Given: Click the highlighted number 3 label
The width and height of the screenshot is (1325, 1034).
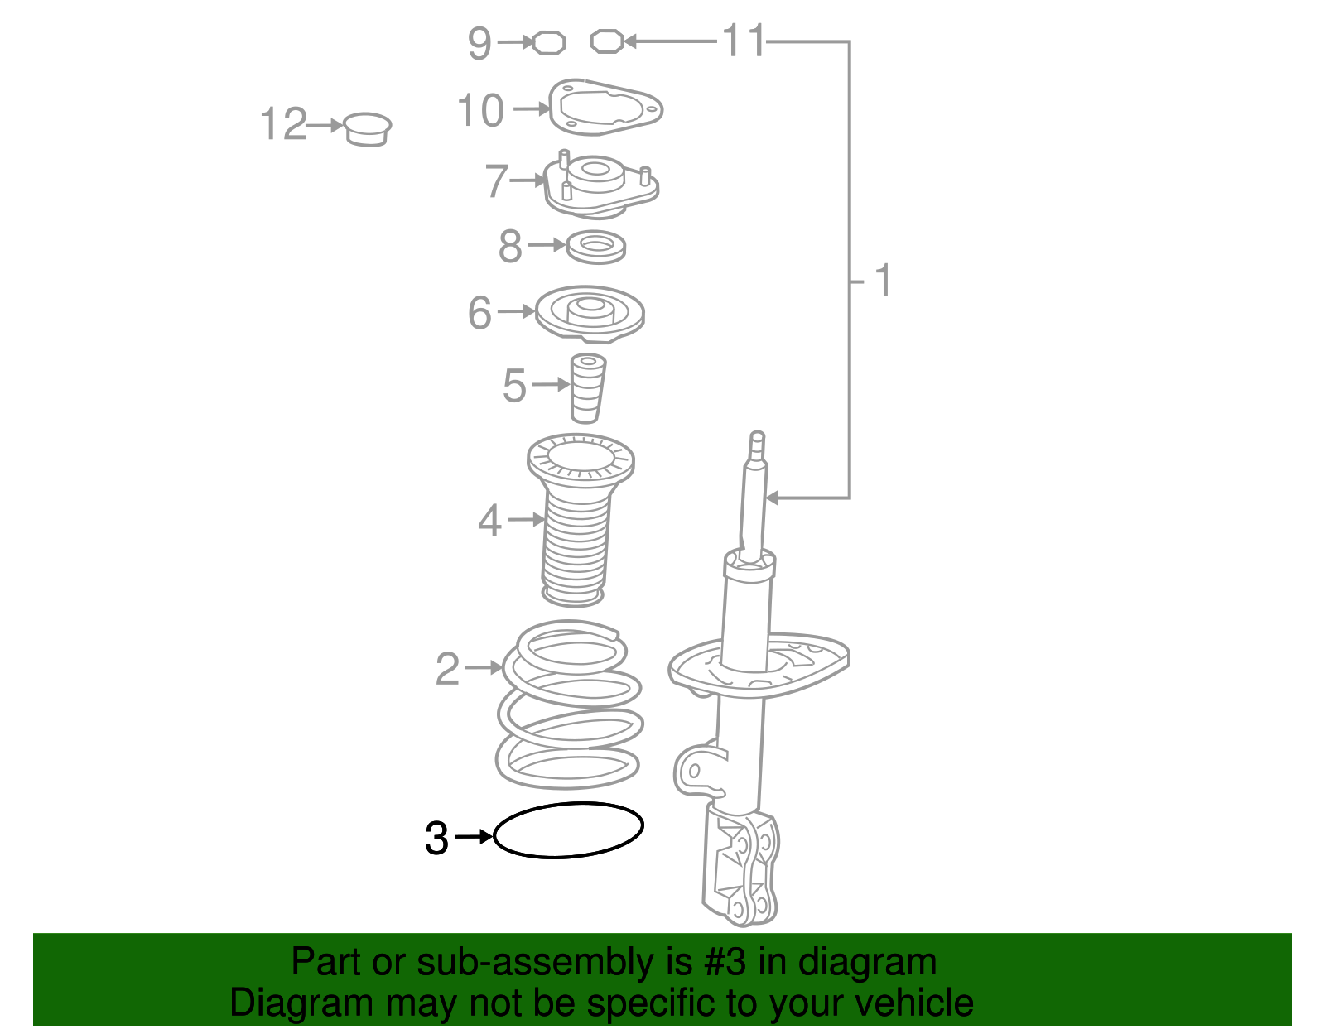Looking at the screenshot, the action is tap(436, 839).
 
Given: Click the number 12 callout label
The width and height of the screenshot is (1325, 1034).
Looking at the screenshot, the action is tap(283, 123).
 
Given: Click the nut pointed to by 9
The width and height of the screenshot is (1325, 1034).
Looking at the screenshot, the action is tap(549, 43).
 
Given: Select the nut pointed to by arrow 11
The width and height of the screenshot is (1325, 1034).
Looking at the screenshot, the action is tap(607, 41).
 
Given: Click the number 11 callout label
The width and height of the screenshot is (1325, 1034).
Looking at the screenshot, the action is tap(744, 41).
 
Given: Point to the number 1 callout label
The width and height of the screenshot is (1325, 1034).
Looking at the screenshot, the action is tap(883, 281).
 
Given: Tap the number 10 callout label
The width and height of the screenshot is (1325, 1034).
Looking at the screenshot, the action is tap(480, 110).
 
